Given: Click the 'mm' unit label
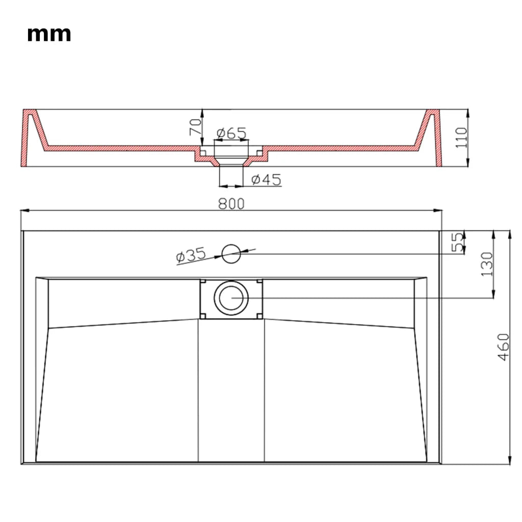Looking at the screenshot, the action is click(x=49, y=34).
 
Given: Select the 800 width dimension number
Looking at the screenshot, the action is click(x=231, y=204).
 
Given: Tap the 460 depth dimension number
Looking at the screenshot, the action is click(x=503, y=347).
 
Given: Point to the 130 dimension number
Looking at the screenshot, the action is click(x=487, y=264).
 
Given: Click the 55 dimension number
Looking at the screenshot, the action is click(x=458, y=242).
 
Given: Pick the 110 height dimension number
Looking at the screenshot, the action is click(x=461, y=138).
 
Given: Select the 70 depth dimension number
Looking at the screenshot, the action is click(x=195, y=127).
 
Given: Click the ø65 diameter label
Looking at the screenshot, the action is click(x=232, y=133).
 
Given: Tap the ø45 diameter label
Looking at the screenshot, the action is click(x=266, y=180).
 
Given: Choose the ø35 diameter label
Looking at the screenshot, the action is click(x=191, y=255).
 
